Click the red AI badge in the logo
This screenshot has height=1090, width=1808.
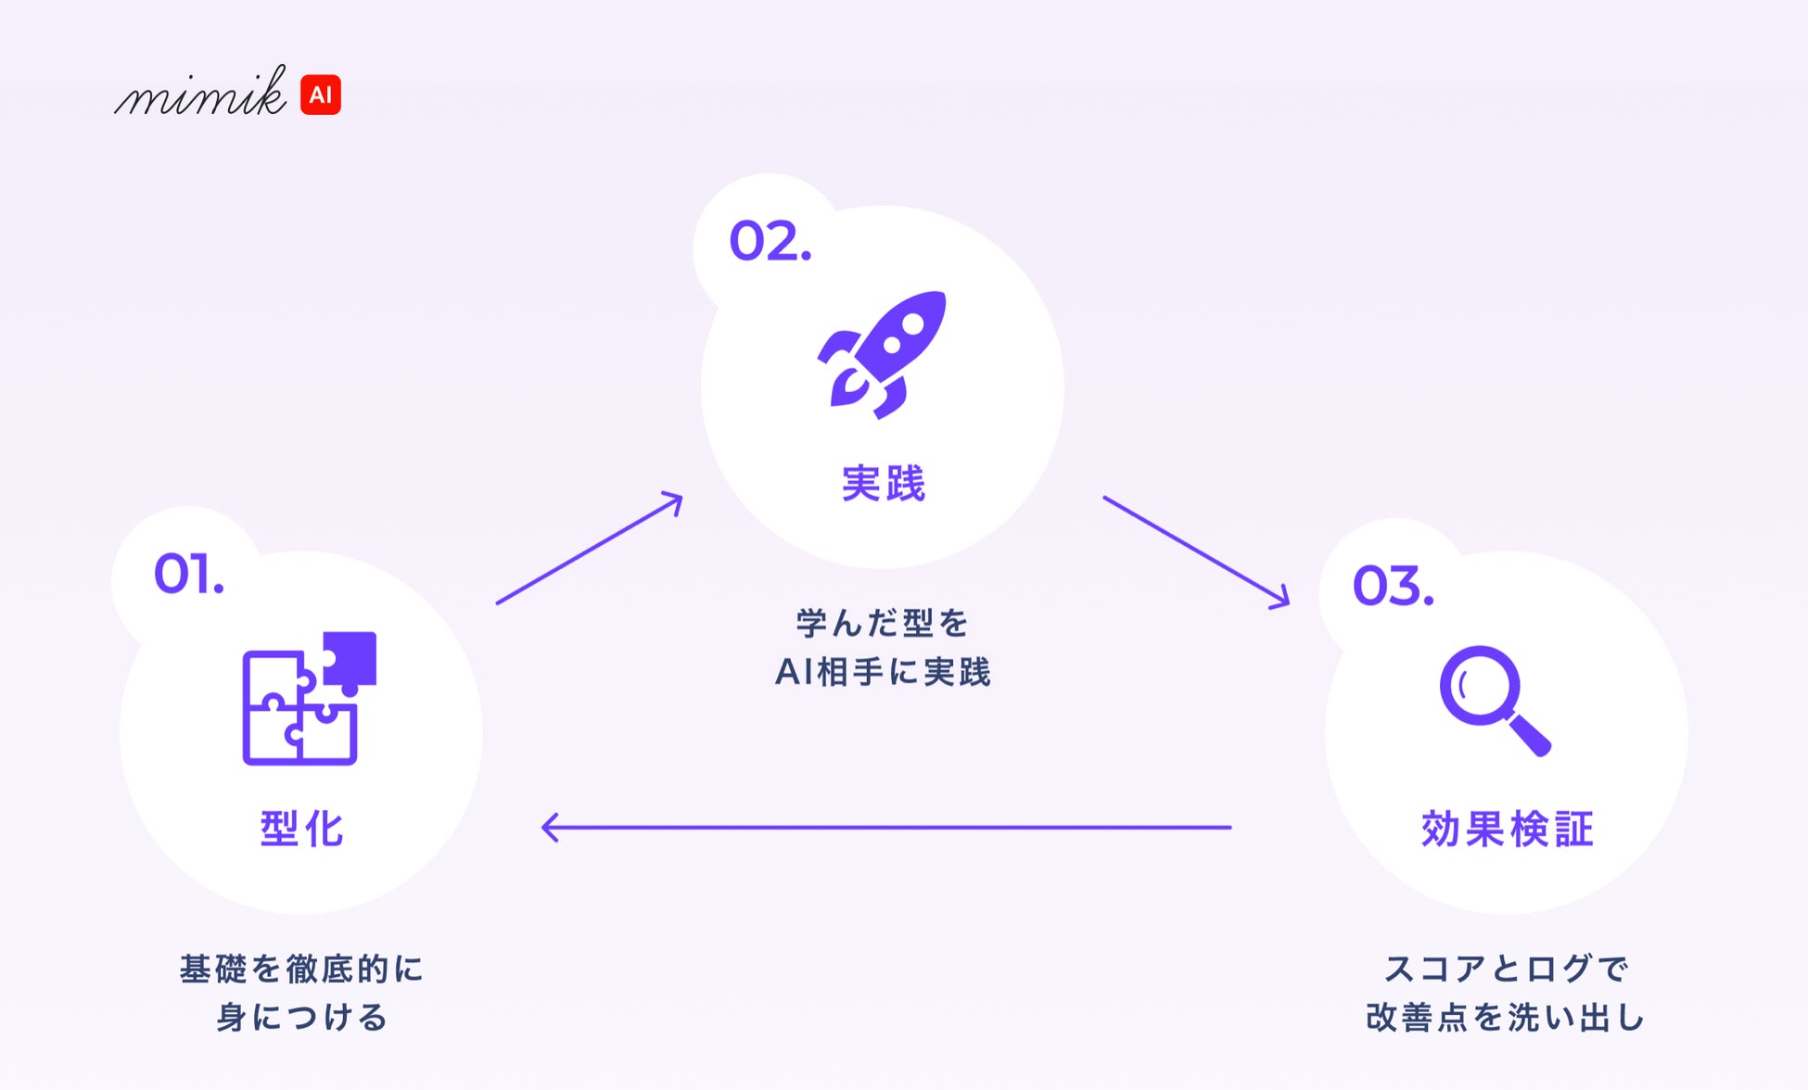(x=321, y=95)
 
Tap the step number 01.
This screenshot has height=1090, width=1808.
(x=188, y=574)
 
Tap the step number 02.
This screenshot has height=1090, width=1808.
(x=770, y=242)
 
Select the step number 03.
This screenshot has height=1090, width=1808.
(x=1393, y=586)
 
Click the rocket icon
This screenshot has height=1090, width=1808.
(x=883, y=354)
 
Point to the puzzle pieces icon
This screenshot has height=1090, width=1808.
(x=309, y=699)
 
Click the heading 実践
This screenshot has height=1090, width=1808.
(x=883, y=484)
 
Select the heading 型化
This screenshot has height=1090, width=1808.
(x=302, y=829)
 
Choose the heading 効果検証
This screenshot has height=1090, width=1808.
(x=1507, y=829)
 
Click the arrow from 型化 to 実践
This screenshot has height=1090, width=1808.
(x=590, y=549)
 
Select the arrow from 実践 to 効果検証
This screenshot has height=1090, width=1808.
(x=1196, y=551)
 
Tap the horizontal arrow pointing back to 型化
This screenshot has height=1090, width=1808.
(x=885, y=827)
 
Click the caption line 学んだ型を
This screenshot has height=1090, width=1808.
(x=883, y=623)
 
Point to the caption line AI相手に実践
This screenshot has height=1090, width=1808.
(x=883, y=672)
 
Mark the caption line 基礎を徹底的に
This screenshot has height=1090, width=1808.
(x=302, y=970)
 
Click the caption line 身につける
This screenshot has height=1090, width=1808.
(x=302, y=1018)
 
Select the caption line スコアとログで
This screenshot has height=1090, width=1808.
(x=1507, y=970)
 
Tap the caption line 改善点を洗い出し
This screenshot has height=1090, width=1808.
(x=1507, y=1018)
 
